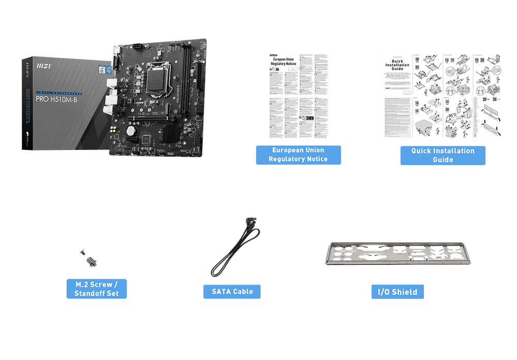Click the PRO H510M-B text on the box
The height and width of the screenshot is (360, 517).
tap(56, 99)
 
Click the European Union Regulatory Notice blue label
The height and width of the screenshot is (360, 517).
tap(298, 155)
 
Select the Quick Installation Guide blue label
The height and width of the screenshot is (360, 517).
tap(443, 155)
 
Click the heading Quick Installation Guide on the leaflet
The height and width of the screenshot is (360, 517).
tap(397, 65)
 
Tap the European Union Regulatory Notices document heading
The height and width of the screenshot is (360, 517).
tap(284, 62)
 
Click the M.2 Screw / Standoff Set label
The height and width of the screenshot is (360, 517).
tap(97, 289)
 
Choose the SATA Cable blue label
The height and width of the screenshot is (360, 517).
tap(232, 291)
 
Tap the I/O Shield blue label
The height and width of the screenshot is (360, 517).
tap(398, 292)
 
